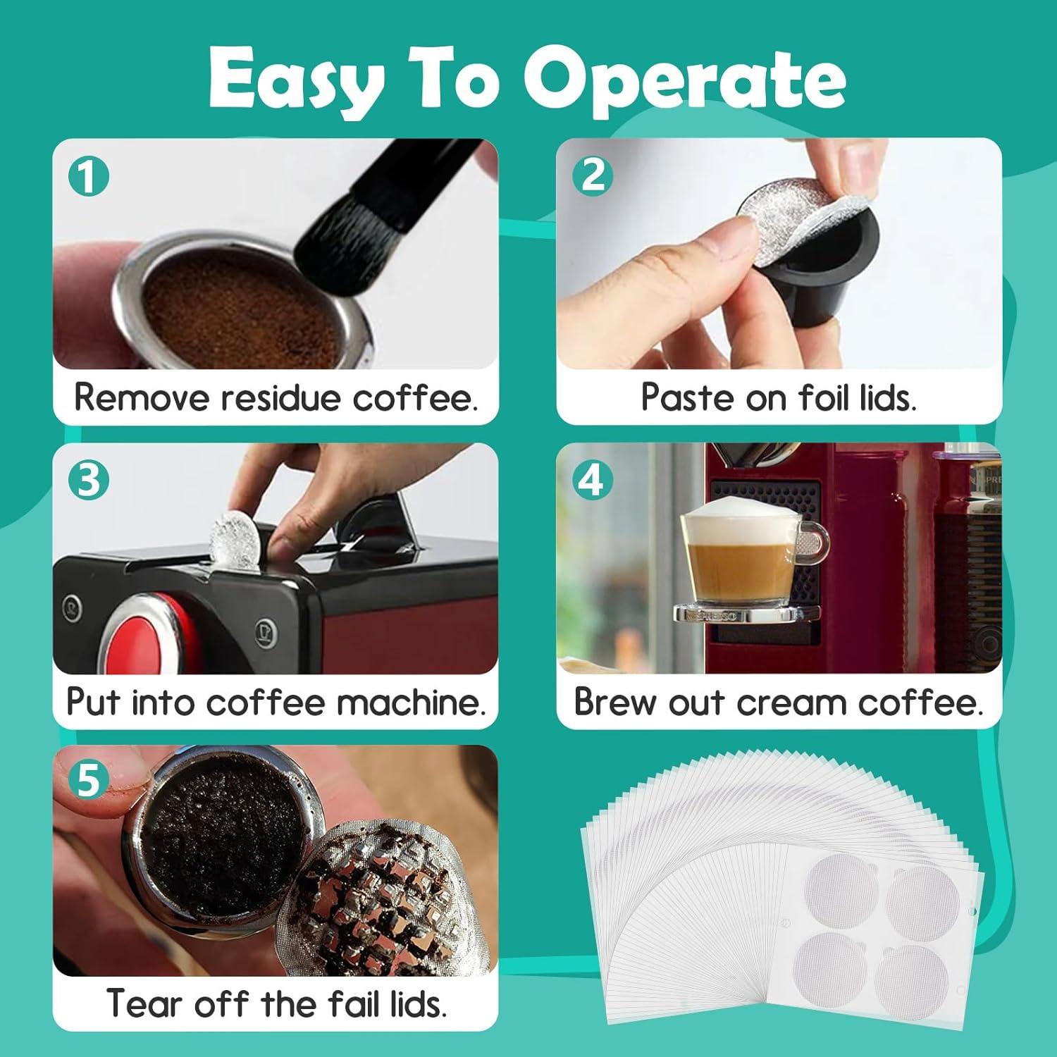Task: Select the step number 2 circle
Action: click(592, 175)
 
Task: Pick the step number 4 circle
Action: click(591, 480)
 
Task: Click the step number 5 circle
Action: click(89, 781)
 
